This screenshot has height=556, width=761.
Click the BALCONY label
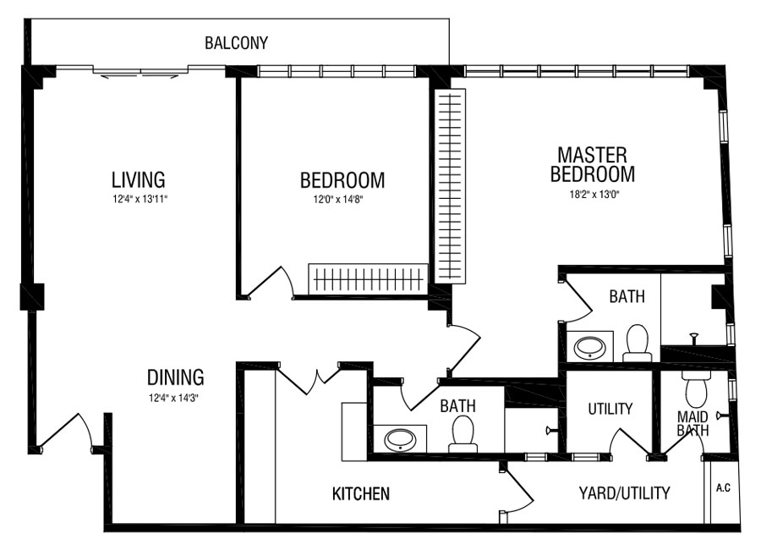[x=236, y=43]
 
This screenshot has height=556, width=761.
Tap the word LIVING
[x=139, y=179]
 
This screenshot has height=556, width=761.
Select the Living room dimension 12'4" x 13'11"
[x=139, y=199]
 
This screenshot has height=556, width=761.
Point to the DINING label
[x=175, y=377]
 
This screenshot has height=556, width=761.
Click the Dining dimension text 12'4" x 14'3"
[x=175, y=399]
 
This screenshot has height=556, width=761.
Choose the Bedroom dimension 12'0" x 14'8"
[x=337, y=199]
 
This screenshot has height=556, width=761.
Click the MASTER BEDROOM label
[x=593, y=165]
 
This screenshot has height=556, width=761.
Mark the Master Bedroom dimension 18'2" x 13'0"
[x=595, y=195]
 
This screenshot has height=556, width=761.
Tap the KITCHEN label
[x=360, y=494]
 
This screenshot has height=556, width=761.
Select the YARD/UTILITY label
[x=624, y=493]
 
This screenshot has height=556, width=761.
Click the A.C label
[x=723, y=487]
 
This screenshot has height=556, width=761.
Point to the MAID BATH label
[x=693, y=423]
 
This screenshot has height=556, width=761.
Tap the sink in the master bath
[x=589, y=347]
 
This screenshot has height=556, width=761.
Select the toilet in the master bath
[x=638, y=344]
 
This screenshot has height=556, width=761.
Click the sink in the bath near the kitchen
[x=400, y=440]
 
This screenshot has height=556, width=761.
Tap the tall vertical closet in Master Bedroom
[x=450, y=185]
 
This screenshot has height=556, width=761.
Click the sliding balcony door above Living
[x=140, y=72]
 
